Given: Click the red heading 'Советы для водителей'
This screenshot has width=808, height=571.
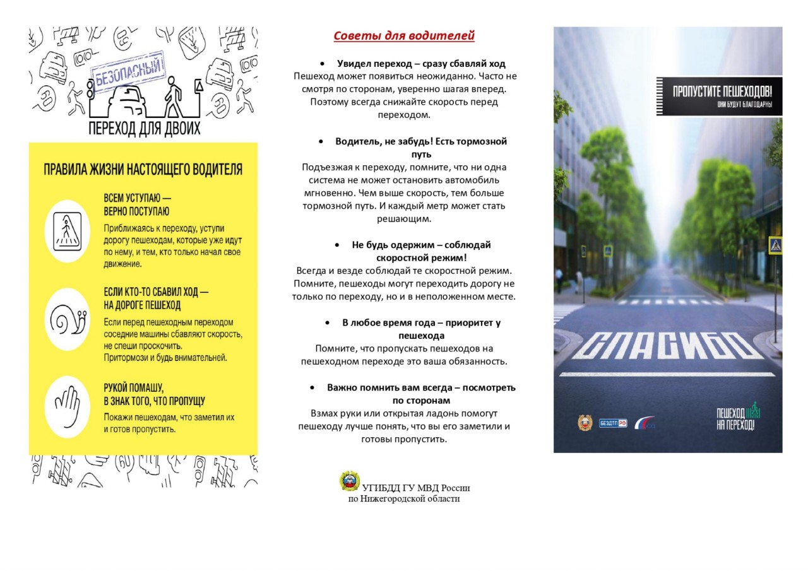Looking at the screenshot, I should [x=404, y=36].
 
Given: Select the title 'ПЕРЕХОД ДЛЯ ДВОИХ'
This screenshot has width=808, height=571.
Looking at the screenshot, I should [x=145, y=129].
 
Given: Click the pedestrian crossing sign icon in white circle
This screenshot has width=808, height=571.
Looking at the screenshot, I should [x=67, y=231].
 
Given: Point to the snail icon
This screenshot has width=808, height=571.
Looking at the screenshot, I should [x=67, y=319].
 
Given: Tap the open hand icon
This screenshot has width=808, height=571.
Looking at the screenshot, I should [x=67, y=407].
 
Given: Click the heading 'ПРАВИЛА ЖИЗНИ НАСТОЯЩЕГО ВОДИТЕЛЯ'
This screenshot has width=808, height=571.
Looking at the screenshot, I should [x=143, y=170].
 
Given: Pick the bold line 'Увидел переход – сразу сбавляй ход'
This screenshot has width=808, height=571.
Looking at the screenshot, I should [x=421, y=64].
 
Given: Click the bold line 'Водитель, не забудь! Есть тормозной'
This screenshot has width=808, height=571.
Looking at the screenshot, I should [x=421, y=141].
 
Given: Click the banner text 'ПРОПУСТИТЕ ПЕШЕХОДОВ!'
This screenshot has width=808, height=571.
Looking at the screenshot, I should [x=722, y=91].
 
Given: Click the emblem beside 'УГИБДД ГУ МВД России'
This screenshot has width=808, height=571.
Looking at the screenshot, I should [x=349, y=481].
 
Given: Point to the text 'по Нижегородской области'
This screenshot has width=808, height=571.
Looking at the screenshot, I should [x=404, y=499].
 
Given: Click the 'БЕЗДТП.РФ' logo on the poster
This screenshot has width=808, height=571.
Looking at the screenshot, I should [x=613, y=423].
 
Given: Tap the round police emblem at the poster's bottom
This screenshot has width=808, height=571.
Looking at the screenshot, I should [x=585, y=423].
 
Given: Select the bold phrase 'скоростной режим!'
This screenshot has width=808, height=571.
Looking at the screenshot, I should [x=421, y=257].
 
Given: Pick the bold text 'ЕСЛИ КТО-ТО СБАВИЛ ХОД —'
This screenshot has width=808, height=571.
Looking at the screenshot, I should [x=156, y=292].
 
